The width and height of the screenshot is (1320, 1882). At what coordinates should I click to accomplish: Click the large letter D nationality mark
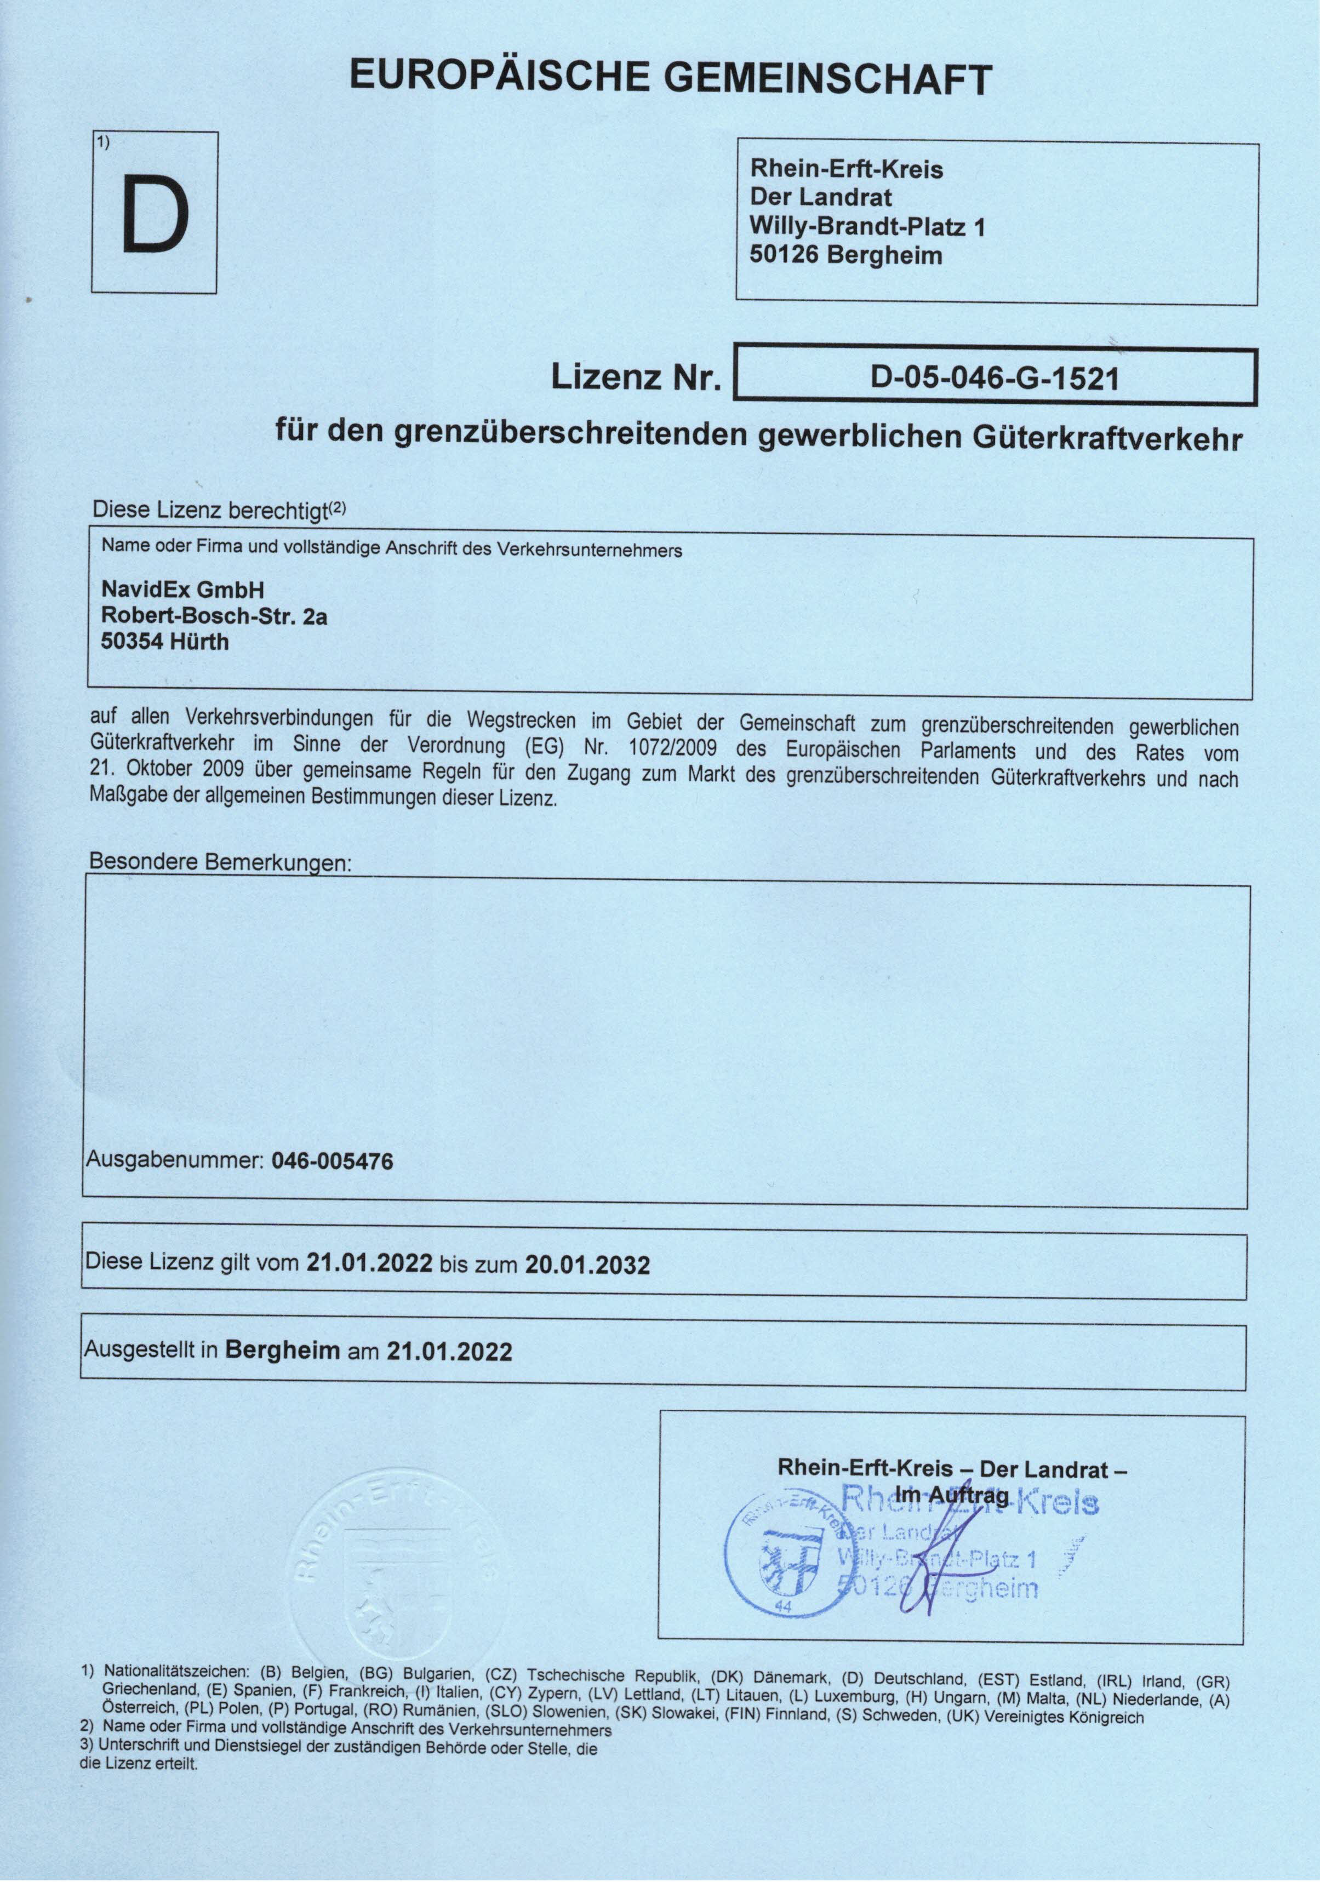pos(155,215)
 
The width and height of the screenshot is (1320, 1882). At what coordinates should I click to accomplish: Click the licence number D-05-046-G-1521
pos(995,378)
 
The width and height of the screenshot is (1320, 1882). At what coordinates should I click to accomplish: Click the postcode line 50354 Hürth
pos(165,641)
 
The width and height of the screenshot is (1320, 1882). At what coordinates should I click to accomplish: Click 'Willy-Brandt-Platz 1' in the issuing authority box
pos(867,226)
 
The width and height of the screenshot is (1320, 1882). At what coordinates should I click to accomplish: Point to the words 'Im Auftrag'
pos(952,1494)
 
